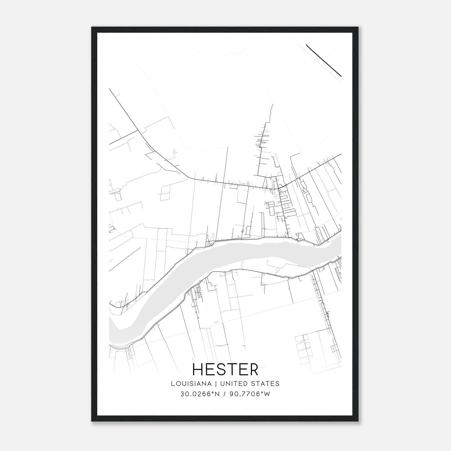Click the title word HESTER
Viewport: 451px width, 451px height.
(225, 370)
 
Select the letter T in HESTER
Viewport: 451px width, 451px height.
(236, 370)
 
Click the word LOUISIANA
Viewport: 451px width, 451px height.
(191, 384)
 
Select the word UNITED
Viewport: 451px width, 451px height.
(233, 384)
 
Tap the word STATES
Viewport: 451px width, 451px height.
(266, 384)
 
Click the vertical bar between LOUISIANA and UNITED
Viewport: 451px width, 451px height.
(216, 384)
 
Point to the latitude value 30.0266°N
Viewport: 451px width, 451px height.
(200, 394)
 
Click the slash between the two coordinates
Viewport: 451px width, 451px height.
(224, 394)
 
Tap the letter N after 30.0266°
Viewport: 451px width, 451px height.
(217, 394)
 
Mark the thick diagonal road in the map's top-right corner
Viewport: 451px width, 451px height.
(324, 61)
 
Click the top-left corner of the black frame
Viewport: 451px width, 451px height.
(92, 27)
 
